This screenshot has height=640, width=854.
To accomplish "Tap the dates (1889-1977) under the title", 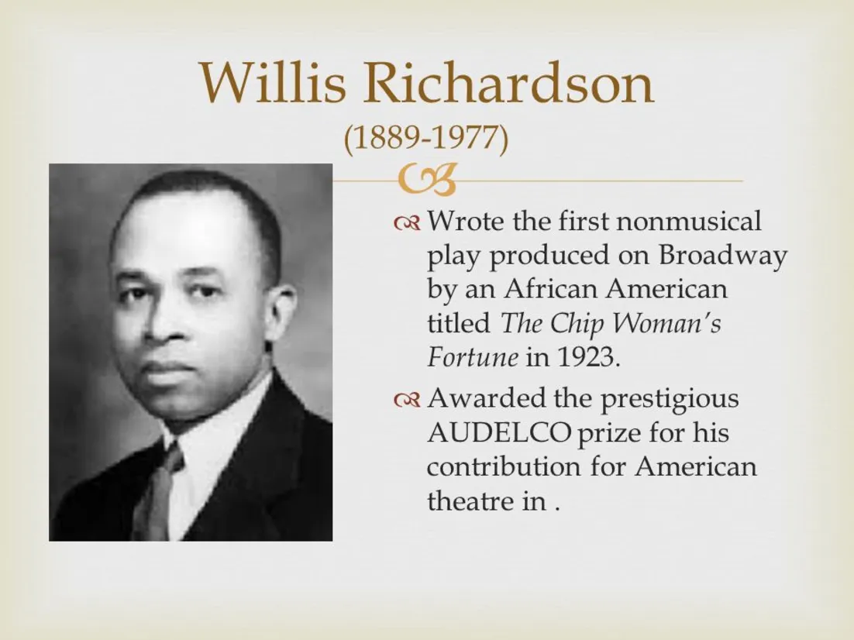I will (426, 139).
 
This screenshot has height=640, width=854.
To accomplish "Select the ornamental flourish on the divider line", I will (426, 181).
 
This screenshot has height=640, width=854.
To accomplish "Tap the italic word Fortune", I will (472, 357).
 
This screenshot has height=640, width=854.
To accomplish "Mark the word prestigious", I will (670, 400).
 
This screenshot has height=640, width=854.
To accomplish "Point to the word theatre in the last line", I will (465, 501).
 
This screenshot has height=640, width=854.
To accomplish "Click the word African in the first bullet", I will (551, 289).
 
